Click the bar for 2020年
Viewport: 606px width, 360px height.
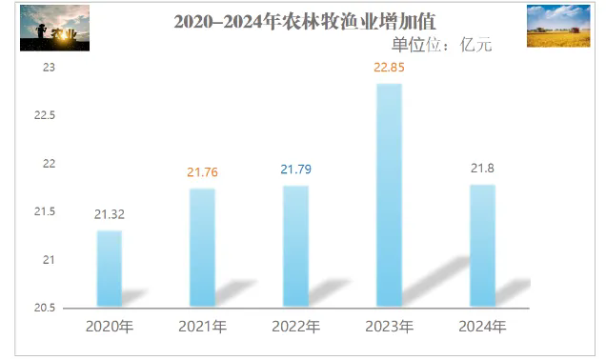(110, 269)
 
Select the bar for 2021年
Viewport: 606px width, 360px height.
(203, 248)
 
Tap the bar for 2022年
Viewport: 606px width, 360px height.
(296, 246)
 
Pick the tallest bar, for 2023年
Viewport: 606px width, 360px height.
(389, 195)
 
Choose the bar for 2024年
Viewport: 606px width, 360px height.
(483, 246)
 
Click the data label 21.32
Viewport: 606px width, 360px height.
(110, 214)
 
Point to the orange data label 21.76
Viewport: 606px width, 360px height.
(203, 172)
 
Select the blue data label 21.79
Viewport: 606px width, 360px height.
(296, 170)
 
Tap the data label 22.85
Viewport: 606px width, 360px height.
(389, 68)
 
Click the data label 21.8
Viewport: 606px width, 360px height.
(482, 169)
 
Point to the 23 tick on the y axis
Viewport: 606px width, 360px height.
(50, 68)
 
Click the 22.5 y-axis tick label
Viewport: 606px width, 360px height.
(45, 115)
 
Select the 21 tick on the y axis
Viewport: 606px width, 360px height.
(50, 260)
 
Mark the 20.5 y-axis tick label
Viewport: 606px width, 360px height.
(45, 308)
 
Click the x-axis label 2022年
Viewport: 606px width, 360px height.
(296, 327)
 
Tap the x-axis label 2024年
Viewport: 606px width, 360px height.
(482, 327)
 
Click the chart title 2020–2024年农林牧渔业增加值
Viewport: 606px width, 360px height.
(305, 22)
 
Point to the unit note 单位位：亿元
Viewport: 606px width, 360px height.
(442, 45)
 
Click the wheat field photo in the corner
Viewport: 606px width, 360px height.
(558, 26)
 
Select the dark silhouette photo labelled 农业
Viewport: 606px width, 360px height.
(55, 28)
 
